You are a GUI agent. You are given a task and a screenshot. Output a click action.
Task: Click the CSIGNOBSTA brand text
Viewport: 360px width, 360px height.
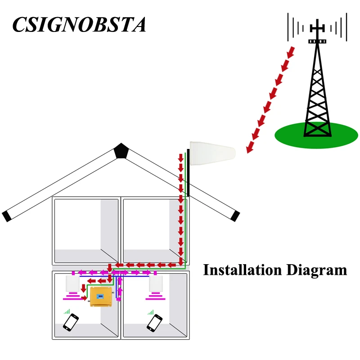coord(79,24)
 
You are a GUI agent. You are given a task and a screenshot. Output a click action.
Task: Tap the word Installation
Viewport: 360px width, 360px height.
coord(243,270)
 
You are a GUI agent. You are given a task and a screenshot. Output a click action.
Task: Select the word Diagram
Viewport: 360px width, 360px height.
coord(317,271)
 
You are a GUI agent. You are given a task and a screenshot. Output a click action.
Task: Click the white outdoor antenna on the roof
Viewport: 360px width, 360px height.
coord(212,153)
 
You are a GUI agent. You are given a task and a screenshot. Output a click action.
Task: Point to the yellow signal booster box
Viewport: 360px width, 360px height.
coord(101,297)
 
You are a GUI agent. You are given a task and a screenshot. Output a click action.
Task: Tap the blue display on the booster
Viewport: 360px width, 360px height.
coord(100,297)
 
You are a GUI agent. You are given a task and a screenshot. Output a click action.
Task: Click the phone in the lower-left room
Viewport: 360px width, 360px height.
coord(71,322)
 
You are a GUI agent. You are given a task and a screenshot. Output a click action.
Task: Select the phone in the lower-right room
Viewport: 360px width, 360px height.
coord(154,323)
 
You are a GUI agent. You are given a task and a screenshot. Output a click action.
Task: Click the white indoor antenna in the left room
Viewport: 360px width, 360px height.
coord(72,283)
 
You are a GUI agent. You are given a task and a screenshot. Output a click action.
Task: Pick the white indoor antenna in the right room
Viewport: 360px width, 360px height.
coord(156,283)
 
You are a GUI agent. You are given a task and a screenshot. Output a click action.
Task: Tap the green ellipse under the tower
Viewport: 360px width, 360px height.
coord(316,135)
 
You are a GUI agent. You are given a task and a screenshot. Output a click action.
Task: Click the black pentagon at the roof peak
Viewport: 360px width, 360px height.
coord(121,151)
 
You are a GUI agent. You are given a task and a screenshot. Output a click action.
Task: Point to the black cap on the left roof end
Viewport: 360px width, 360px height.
coord(6,216)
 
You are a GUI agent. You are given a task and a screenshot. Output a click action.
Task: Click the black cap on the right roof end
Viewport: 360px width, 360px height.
coord(235,216)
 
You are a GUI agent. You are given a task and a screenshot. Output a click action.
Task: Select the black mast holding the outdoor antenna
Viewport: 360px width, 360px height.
coord(188,172)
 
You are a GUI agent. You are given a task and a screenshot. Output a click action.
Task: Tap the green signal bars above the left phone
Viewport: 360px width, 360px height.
coord(67,311)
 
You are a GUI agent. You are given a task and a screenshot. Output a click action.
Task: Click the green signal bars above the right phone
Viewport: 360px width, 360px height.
coord(151,312)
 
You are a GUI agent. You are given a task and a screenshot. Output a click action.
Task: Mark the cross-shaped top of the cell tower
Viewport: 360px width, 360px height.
coord(317,28)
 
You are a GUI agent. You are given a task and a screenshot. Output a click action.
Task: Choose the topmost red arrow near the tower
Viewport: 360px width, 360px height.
coord(291,52)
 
